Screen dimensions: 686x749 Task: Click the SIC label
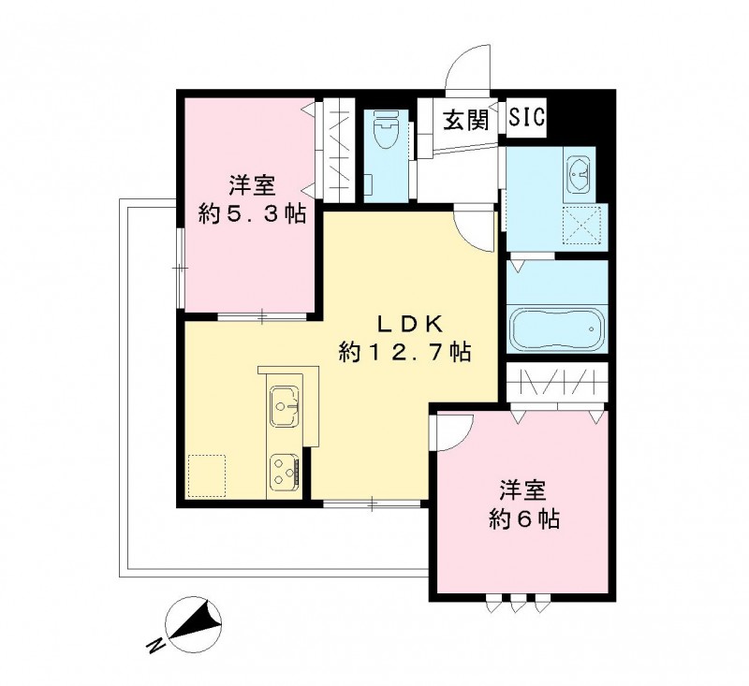(528, 119)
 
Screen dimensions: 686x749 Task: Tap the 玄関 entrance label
(466, 122)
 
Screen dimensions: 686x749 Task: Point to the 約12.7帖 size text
(404, 353)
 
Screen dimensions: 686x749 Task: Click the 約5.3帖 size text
(252, 212)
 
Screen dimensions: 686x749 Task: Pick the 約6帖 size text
(524, 518)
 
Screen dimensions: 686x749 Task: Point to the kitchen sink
(285, 405)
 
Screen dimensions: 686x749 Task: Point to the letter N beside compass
(154, 645)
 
